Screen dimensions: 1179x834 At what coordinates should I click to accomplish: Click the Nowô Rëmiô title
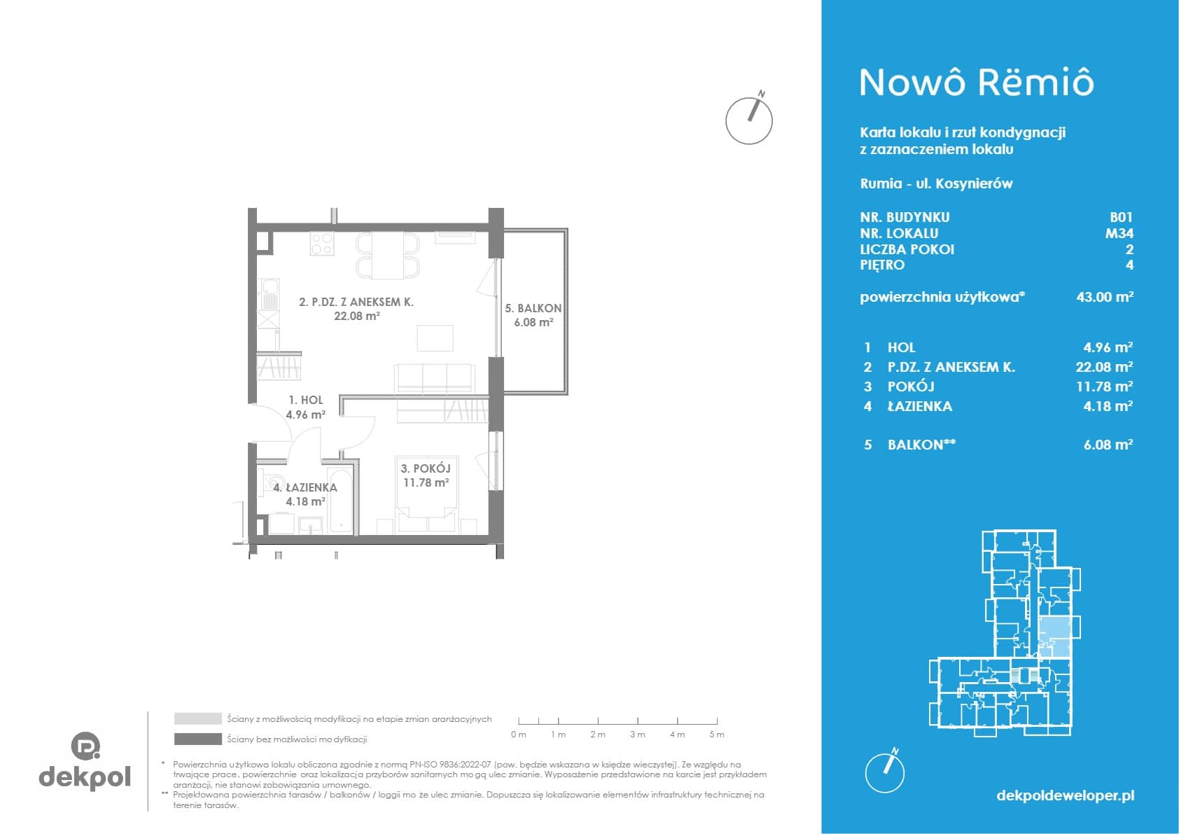tap(977, 83)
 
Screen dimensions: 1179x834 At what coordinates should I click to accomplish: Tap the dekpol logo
tap(85, 760)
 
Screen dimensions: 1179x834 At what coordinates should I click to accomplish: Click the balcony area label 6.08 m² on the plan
tap(533, 322)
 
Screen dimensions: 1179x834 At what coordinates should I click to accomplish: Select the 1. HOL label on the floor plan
tap(306, 400)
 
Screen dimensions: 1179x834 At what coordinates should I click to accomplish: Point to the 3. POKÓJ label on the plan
tap(425, 468)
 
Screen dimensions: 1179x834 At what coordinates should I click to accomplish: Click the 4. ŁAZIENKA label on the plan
tap(305, 487)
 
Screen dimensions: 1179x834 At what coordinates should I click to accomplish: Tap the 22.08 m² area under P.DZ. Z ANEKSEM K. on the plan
tap(357, 316)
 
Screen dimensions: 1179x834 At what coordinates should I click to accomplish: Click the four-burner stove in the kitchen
tap(321, 244)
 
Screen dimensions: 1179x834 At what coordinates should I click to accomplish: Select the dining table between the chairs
tap(387, 256)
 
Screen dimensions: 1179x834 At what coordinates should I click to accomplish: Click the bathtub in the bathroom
tap(340, 500)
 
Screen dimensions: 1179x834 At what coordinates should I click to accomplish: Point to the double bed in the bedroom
tap(426, 495)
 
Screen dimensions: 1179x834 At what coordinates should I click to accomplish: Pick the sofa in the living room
tap(435, 378)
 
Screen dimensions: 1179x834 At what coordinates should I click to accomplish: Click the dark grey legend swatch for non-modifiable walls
tap(198, 739)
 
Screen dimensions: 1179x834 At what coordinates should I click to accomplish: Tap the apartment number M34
tap(1119, 233)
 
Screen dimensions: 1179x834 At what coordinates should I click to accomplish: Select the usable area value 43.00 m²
tap(1105, 296)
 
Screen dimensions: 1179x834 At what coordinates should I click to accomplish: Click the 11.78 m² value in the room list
tap(1104, 387)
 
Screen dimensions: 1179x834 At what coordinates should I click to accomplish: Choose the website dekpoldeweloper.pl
tap(1066, 795)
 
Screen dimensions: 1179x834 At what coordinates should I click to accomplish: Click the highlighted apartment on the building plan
tap(1054, 638)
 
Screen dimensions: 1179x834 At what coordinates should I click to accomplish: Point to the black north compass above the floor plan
tap(750, 118)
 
